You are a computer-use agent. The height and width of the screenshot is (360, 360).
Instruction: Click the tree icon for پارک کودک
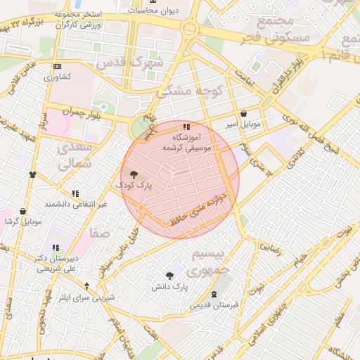pyautogui.click(x=134, y=174)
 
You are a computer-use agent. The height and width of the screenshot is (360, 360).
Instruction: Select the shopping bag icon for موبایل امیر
pyautogui.click(x=243, y=113)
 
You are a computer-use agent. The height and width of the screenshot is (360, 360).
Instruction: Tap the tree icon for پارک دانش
pyautogui.click(x=169, y=276)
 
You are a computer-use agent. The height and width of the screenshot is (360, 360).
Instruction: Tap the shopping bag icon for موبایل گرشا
pyautogui.click(x=23, y=211)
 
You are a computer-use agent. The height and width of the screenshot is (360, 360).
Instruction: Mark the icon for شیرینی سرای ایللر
pyautogui.click(x=87, y=286)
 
